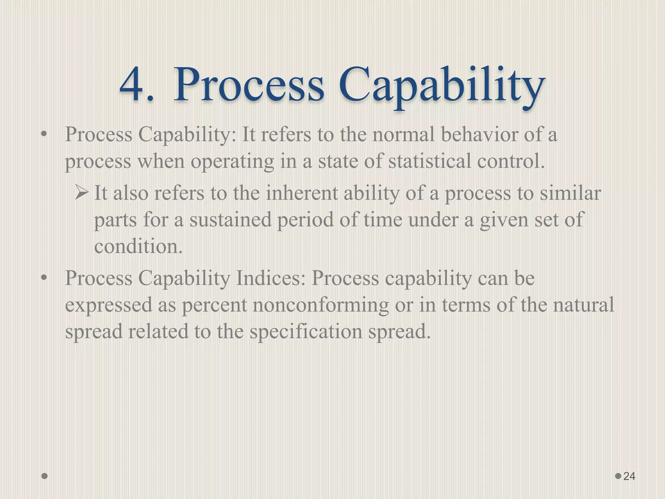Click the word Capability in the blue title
(x=441, y=85)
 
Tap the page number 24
(x=629, y=476)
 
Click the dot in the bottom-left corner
(x=45, y=476)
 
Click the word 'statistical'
(x=429, y=161)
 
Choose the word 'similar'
(x=570, y=193)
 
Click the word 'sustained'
(x=230, y=220)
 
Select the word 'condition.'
(x=138, y=246)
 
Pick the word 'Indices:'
(x=271, y=278)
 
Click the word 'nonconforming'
(x=320, y=305)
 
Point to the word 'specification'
(x=306, y=332)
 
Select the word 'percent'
(x=214, y=305)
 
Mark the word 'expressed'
(x=108, y=305)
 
